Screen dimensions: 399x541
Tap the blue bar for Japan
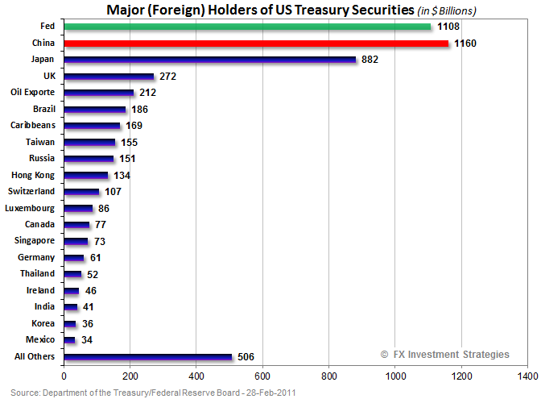209,59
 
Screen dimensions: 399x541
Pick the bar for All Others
147,356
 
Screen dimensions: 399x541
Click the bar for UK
109,77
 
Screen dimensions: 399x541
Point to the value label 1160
465,43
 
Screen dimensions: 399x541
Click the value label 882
370,60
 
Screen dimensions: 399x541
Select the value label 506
245,357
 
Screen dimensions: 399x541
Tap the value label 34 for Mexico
88,339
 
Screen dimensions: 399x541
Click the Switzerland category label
31,191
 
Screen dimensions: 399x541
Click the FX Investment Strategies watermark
445,354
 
